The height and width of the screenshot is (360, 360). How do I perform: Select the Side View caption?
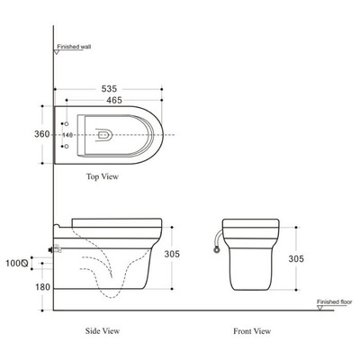pyautogui.click(x=103, y=331)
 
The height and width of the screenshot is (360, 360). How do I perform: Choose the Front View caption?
pyautogui.click(x=251, y=331)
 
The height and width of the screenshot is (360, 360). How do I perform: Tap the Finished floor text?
pyautogui.click(x=334, y=301)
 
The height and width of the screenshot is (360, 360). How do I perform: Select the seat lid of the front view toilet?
pyautogui.click(x=251, y=221)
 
